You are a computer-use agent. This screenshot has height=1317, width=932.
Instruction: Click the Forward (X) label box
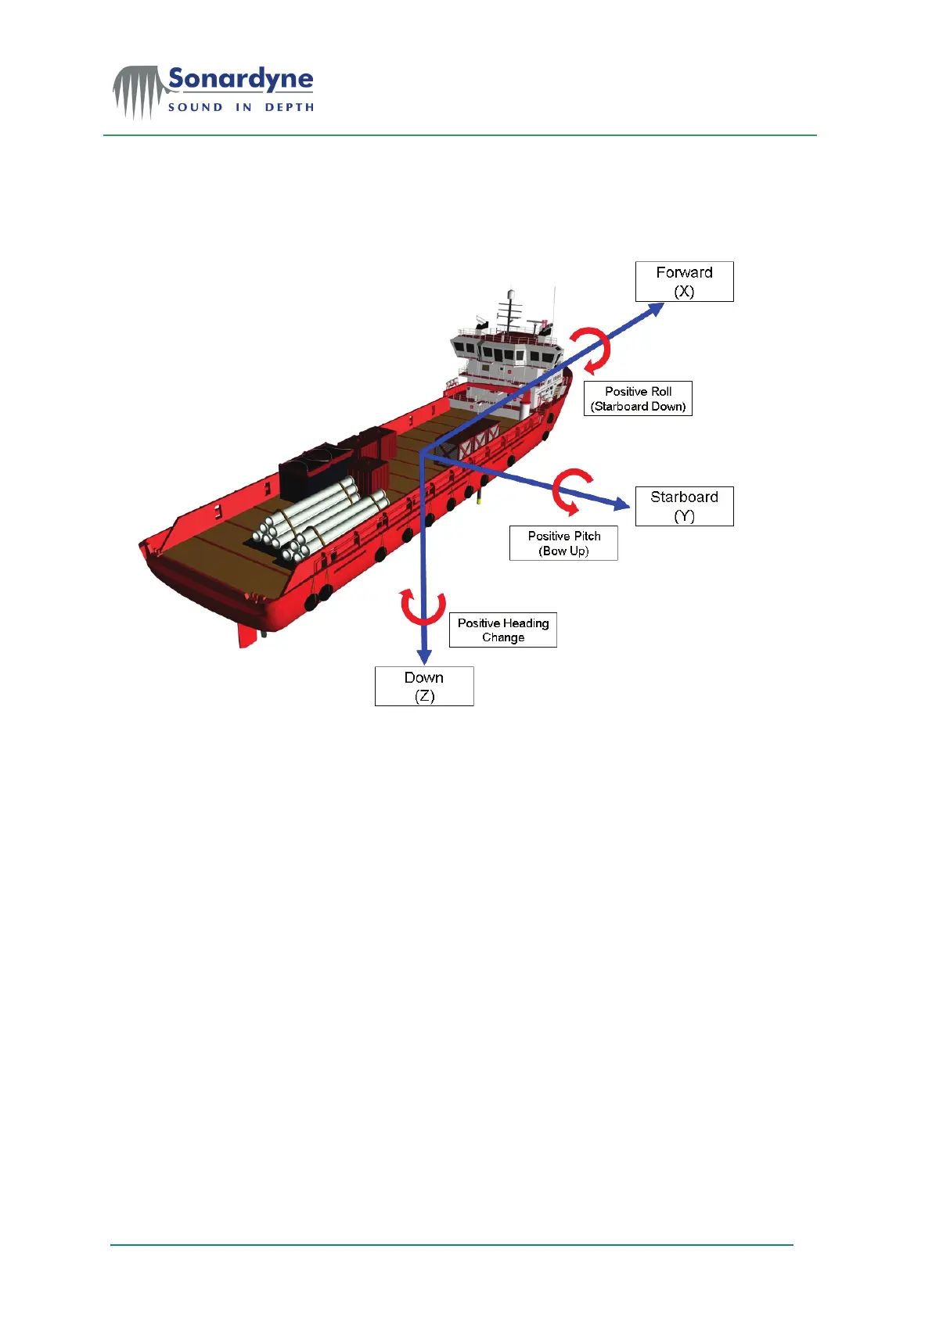click(x=684, y=282)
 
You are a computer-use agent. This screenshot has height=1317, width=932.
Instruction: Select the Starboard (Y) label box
click(x=684, y=506)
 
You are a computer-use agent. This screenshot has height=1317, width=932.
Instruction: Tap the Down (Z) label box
click(x=424, y=686)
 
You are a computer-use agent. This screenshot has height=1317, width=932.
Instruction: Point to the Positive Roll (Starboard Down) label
click(x=638, y=398)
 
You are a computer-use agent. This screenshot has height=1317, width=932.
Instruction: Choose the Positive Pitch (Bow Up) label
click(x=563, y=543)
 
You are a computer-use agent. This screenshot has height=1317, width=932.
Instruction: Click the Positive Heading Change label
click(x=502, y=630)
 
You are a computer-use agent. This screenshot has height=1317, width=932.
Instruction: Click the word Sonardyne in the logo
click(x=241, y=80)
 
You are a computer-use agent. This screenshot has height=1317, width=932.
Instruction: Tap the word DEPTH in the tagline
click(x=290, y=107)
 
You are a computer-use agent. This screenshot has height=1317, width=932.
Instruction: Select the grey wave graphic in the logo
click(x=139, y=92)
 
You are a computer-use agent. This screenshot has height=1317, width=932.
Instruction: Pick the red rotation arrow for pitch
click(x=571, y=490)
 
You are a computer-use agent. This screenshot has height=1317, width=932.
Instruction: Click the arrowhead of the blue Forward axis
click(x=656, y=309)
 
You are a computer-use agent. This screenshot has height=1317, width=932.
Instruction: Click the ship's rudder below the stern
click(x=247, y=634)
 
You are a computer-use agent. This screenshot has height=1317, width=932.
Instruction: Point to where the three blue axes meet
click(x=423, y=454)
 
